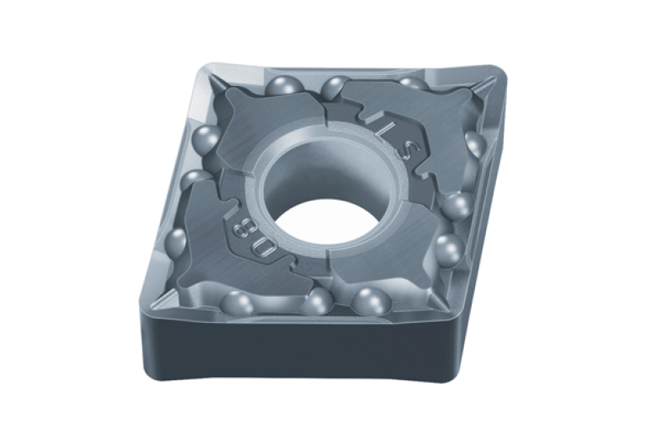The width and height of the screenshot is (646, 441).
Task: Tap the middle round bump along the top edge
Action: click(x=336, y=85)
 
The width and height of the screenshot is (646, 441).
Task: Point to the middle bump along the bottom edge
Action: click(x=318, y=301)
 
